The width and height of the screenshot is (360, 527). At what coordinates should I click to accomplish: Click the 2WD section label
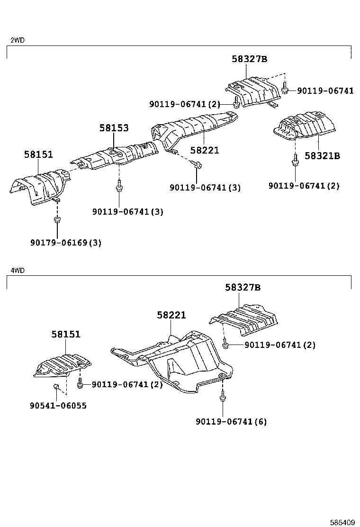(18, 40)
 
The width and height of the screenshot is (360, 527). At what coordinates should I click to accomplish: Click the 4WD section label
(18, 270)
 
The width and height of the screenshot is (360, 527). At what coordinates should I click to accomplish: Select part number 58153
(114, 128)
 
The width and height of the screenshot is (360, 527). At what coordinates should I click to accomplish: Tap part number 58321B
(322, 155)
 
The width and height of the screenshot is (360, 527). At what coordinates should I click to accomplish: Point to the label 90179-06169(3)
(66, 243)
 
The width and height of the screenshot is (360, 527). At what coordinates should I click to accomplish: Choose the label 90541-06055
(58, 406)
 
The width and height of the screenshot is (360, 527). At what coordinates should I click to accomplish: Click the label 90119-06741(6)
(231, 421)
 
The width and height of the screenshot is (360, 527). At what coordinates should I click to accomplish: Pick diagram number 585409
(342, 523)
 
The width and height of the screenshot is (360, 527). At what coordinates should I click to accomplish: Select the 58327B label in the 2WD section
(250, 59)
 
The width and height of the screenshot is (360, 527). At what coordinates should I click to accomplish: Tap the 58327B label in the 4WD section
(243, 287)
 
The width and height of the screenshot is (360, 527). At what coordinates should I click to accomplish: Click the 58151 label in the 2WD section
(38, 154)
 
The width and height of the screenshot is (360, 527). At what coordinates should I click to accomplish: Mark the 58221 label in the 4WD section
(171, 315)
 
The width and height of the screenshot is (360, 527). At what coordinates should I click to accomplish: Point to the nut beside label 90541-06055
(55, 388)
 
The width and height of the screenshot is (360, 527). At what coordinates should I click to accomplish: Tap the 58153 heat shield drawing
(114, 156)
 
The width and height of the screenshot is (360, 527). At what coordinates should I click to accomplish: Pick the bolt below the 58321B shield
(295, 161)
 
